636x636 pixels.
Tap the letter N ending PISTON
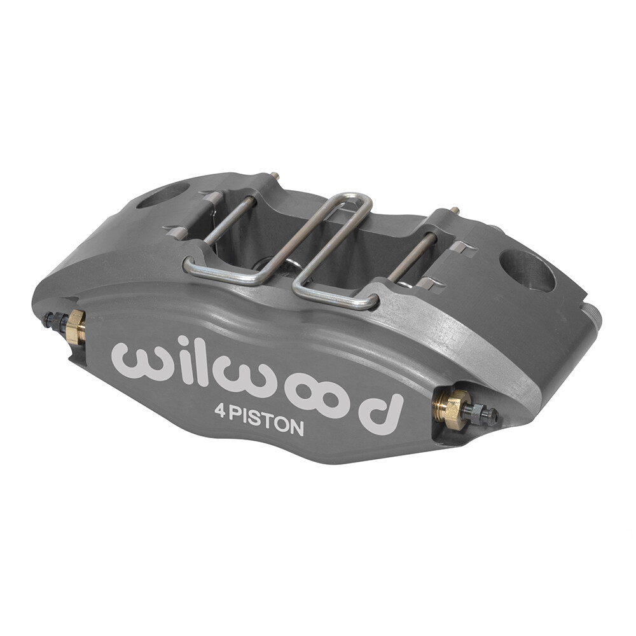click(x=295, y=428)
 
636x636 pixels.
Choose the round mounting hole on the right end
click(x=527, y=270)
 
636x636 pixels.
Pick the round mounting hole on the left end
click(x=163, y=196)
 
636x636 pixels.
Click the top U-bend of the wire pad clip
click(x=356, y=202)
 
